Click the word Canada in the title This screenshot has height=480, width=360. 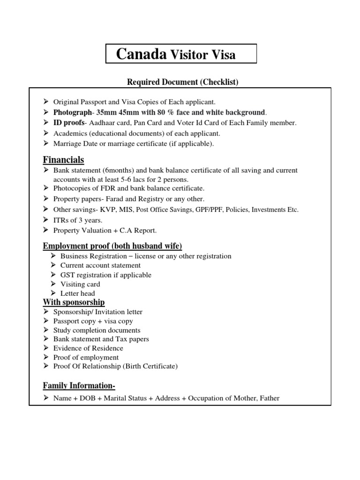point(142,55)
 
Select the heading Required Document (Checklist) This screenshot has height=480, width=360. point(183,82)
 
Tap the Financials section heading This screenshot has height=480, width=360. point(63,160)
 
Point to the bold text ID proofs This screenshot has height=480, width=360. point(69,123)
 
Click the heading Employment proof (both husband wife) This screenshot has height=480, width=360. point(112,246)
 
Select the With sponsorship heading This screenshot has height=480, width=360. point(74,302)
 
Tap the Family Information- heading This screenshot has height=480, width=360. point(79,386)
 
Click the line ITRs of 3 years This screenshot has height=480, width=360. point(77,220)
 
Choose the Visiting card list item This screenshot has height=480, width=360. point(80,284)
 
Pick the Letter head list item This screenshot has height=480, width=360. point(78,293)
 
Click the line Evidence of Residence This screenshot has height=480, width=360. point(88,348)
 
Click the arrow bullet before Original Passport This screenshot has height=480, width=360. point(46,101)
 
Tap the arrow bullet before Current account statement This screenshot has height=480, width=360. point(53,266)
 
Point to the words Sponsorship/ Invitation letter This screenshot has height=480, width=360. point(97,312)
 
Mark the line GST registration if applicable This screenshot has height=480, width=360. point(106,275)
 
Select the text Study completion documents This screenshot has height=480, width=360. point(97,330)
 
